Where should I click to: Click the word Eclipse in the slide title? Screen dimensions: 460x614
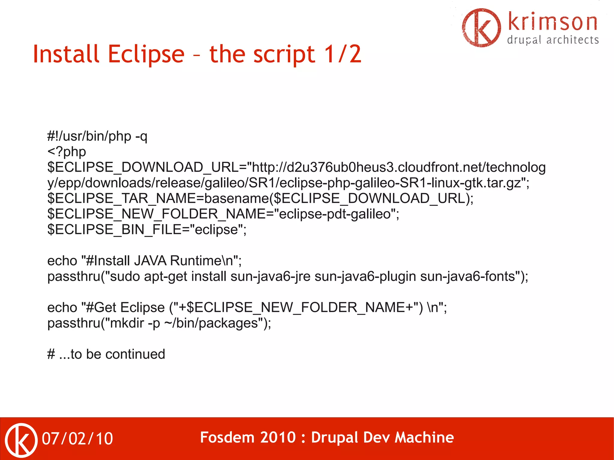pyautogui.click(x=146, y=55)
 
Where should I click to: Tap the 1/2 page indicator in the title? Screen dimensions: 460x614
pyautogui.click(x=343, y=55)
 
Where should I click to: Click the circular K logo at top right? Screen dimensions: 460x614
pyautogui.click(x=481, y=28)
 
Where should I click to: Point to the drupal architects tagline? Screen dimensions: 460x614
pyautogui.click(x=553, y=40)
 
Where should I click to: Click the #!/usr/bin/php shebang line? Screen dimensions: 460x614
pyautogui.click(x=97, y=136)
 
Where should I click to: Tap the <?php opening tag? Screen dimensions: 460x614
pyautogui.click(x=67, y=152)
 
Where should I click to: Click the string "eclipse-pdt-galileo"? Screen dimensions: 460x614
pyautogui.click(x=335, y=214)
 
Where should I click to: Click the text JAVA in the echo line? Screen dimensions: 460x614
pyautogui.click(x=150, y=261)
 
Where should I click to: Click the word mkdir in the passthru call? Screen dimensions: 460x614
pyautogui.click(x=127, y=323)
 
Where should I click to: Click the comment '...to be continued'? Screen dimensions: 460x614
pyautogui.click(x=112, y=354)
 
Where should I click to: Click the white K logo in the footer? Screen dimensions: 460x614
pyautogui.click(x=21, y=440)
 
